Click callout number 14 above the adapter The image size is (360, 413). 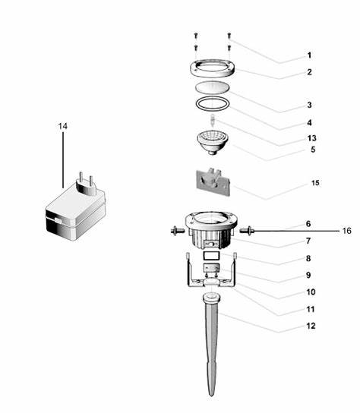[63, 127]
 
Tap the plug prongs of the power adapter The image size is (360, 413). [86, 179]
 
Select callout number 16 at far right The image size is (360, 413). [347, 231]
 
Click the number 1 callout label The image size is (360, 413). [309, 55]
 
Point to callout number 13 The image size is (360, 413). [311, 138]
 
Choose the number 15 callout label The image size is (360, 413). [315, 183]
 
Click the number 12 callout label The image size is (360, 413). [311, 326]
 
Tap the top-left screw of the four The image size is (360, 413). [195, 35]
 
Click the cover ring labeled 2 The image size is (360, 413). [213, 68]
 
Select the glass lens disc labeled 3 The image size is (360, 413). [212, 87]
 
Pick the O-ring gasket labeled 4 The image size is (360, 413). [213, 104]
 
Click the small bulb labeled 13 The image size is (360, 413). [213, 120]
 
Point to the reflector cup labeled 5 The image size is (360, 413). [213, 142]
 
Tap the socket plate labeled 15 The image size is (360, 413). [213, 182]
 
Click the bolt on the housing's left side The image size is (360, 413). [177, 231]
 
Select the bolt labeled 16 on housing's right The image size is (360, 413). [247, 231]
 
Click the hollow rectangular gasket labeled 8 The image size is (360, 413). [211, 255]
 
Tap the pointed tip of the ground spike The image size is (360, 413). [211, 395]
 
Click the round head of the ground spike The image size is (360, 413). [211, 298]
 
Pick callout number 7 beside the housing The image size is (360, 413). [308, 241]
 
